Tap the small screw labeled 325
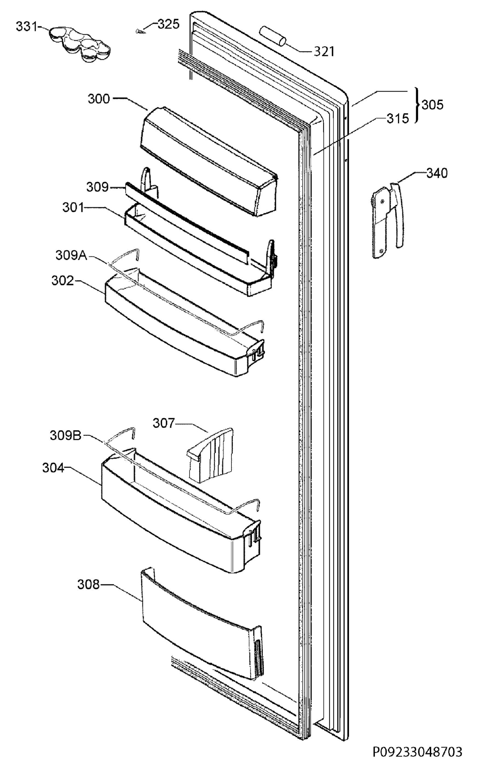(x=140, y=31)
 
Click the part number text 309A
(x=71, y=256)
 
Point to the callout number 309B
(x=66, y=436)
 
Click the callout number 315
(x=398, y=119)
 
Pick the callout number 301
(x=73, y=208)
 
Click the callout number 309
(x=97, y=187)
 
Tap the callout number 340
(x=437, y=174)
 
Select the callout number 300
(x=99, y=99)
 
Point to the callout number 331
(x=27, y=27)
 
